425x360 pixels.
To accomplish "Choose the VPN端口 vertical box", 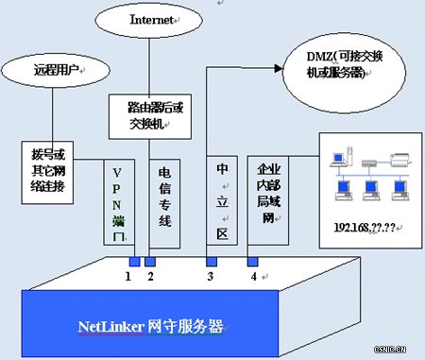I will tap(120, 202).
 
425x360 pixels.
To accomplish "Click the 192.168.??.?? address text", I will tap(362, 228).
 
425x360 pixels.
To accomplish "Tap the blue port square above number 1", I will tap(135, 262).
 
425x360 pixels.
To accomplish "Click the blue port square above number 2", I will tap(149, 262).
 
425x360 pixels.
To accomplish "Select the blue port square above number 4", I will tap(252, 262).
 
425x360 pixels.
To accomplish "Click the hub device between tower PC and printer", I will tap(368, 162).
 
